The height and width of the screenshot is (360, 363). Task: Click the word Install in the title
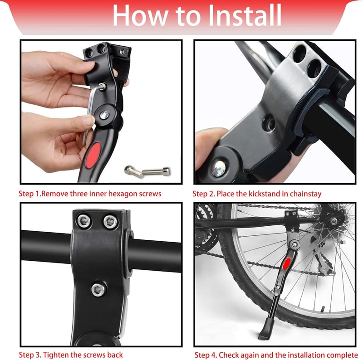(245, 15)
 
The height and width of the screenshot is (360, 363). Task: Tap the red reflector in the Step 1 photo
(93, 155)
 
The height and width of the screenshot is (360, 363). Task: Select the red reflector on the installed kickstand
(287, 263)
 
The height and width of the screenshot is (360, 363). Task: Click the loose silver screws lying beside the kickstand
(147, 172)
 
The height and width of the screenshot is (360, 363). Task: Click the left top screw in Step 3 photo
(83, 221)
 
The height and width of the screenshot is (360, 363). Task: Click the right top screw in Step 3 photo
(110, 222)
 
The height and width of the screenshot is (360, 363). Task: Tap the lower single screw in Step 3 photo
(98, 289)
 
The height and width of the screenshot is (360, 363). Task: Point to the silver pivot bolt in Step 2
(218, 168)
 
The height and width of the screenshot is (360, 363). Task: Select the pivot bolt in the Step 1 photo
(104, 115)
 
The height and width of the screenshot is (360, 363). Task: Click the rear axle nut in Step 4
(334, 221)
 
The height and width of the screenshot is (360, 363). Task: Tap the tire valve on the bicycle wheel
(323, 309)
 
